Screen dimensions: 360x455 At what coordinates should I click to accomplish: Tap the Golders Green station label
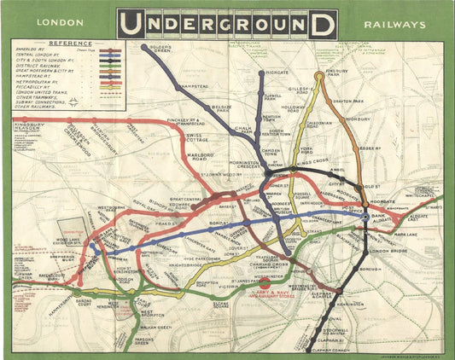coord(160,48)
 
